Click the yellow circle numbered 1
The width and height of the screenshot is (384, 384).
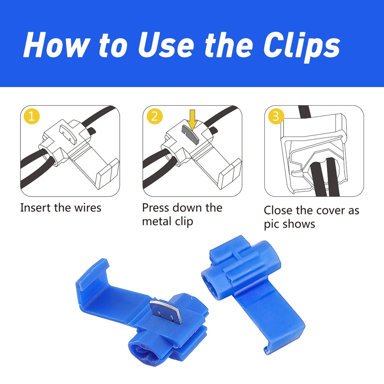point(31,116)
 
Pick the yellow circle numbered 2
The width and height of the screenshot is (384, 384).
point(154,116)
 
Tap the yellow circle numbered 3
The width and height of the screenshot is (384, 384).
point(276,116)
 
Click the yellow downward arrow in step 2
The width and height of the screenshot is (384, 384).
point(192,119)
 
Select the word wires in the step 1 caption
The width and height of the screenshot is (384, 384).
point(88,208)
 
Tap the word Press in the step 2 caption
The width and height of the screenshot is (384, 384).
point(156,208)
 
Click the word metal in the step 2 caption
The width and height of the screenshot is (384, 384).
point(157,221)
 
